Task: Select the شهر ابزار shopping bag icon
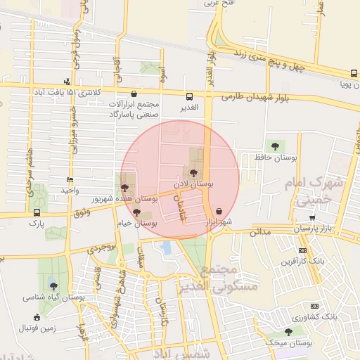220,210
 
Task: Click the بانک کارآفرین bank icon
302,250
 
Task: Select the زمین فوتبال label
36,328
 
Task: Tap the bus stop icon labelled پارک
37,212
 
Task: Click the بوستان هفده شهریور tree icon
125,188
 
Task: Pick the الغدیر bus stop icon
189,96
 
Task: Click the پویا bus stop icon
353,73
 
